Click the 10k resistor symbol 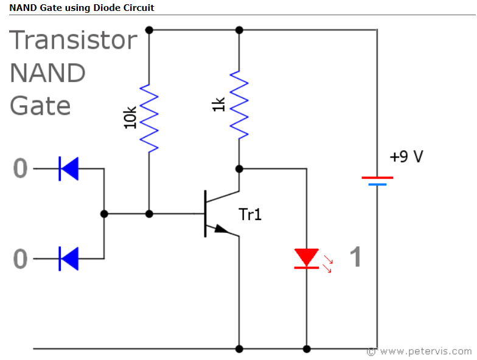click(x=149, y=118)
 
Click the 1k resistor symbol click(x=239, y=105)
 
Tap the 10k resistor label click(x=130, y=117)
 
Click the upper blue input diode click(x=68, y=168)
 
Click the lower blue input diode click(x=68, y=258)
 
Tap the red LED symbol click(x=307, y=258)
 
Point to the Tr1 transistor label click(x=249, y=214)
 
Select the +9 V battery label click(x=406, y=157)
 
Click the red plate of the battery click(x=377, y=178)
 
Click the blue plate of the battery click(x=377, y=184)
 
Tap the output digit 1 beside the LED click(x=355, y=258)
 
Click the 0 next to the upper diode click(x=20, y=169)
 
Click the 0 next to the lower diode click(x=20, y=260)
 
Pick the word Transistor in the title click(x=74, y=41)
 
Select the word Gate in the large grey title click(x=40, y=106)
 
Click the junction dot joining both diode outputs click(x=104, y=214)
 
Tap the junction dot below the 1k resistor click(x=239, y=168)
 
